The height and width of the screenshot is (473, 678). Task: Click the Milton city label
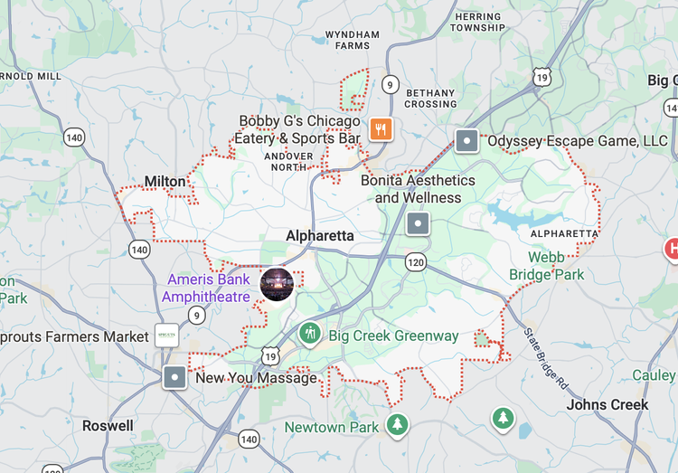[165, 182]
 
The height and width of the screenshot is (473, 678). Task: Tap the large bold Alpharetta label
[320, 236]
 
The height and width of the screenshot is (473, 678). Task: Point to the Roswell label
[108, 425]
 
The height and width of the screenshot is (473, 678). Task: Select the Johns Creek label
[607, 404]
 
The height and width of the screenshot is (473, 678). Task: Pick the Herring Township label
[478, 22]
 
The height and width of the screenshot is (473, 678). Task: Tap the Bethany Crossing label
[430, 98]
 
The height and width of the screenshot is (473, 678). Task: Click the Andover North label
[288, 161]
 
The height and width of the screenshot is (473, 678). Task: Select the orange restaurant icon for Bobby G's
[381, 129]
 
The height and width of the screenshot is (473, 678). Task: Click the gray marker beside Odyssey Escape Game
[466, 140]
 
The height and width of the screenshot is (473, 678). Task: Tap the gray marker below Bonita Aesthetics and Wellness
[418, 223]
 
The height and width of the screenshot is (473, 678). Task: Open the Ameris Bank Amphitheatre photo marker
[277, 283]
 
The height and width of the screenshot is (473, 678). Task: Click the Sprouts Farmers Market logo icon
[166, 336]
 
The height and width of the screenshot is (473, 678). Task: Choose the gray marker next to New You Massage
[174, 377]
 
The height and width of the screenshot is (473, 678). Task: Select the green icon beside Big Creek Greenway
[310, 335]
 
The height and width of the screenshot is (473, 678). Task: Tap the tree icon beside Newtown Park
[397, 423]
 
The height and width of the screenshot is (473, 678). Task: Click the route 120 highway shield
[416, 262]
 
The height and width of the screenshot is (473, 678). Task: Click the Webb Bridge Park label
[546, 266]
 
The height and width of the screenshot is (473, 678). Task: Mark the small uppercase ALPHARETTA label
[564, 233]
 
